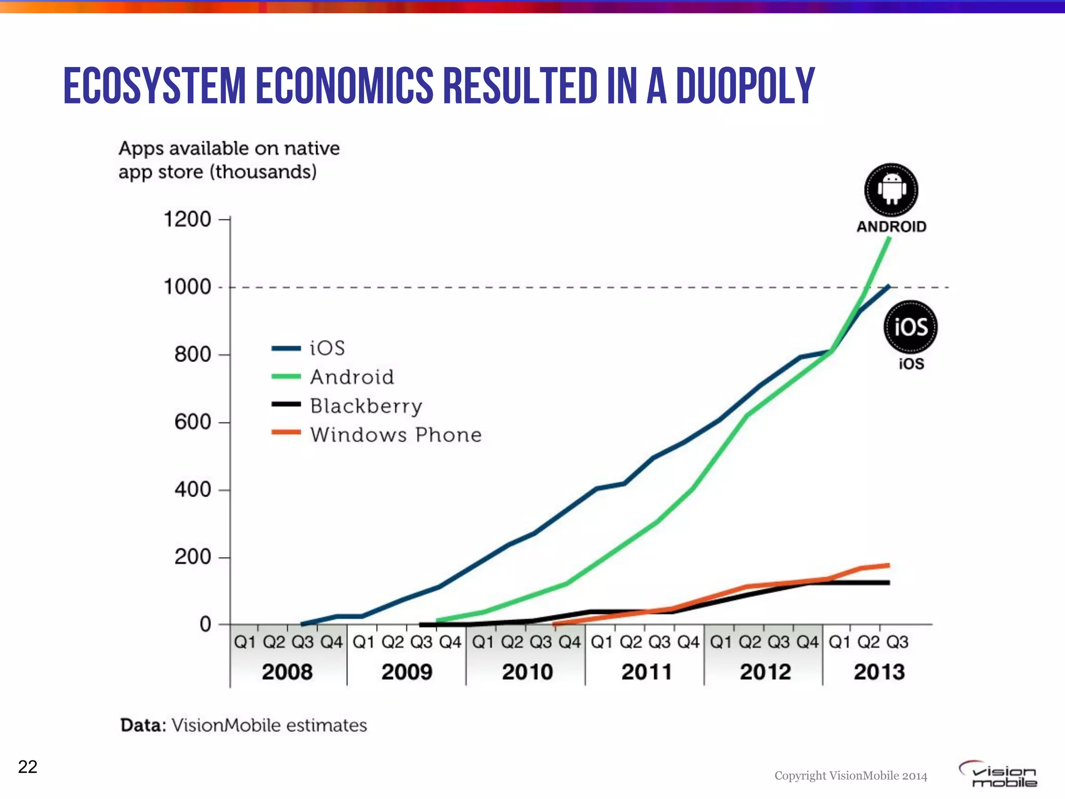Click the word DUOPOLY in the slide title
click(x=745, y=86)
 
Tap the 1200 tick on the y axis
click(x=187, y=220)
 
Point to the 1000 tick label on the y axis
click(x=187, y=287)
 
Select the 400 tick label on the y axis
click(x=192, y=489)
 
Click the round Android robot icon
click(x=891, y=190)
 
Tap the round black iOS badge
click(x=910, y=327)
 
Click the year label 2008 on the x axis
click(x=287, y=672)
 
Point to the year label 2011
click(x=646, y=672)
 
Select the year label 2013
click(x=879, y=672)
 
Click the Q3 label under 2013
click(x=897, y=642)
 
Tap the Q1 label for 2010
click(x=483, y=642)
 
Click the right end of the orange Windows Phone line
click(x=888, y=565)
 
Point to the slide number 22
click(x=28, y=767)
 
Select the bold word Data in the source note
click(x=142, y=725)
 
